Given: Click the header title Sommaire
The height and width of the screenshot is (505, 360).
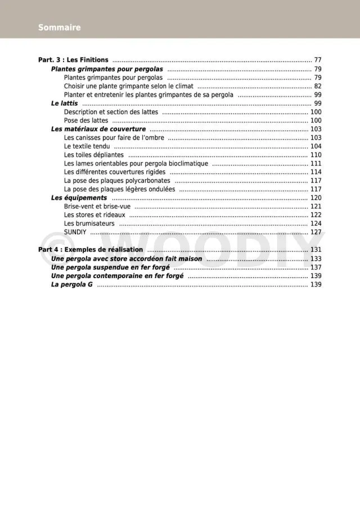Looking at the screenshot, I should tap(59, 27).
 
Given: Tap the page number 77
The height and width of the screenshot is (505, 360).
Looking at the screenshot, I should tap(318, 60).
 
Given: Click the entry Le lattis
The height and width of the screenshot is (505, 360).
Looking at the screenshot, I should tap(65, 104).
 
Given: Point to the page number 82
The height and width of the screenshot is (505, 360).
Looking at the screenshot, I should tap(318, 86).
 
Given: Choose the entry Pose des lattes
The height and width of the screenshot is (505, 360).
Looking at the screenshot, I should tap(87, 120).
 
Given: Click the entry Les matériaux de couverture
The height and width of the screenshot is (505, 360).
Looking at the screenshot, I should tap(98, 129).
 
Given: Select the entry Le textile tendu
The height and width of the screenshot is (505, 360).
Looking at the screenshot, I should tap(87, 146).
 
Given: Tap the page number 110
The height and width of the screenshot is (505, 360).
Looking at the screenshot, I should tap(316, 155).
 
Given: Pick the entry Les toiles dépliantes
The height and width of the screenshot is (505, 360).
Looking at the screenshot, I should tap(94, 155).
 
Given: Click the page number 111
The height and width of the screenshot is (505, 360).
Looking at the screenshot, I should tap(316, 163).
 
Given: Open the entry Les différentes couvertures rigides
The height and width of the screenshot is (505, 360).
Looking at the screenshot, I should tap(115, 172).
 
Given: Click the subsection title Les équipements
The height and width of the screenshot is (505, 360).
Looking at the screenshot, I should tap(79, 198).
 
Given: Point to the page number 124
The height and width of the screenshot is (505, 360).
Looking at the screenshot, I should tap(316, 224).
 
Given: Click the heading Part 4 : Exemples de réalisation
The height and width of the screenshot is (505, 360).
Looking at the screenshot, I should tap(91, 249).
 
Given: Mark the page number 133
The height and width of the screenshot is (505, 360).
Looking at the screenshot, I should tap(316, 258).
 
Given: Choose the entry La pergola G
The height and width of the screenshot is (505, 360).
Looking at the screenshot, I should tap(72, 284).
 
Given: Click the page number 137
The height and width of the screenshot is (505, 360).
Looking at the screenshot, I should tap(316, 267).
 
